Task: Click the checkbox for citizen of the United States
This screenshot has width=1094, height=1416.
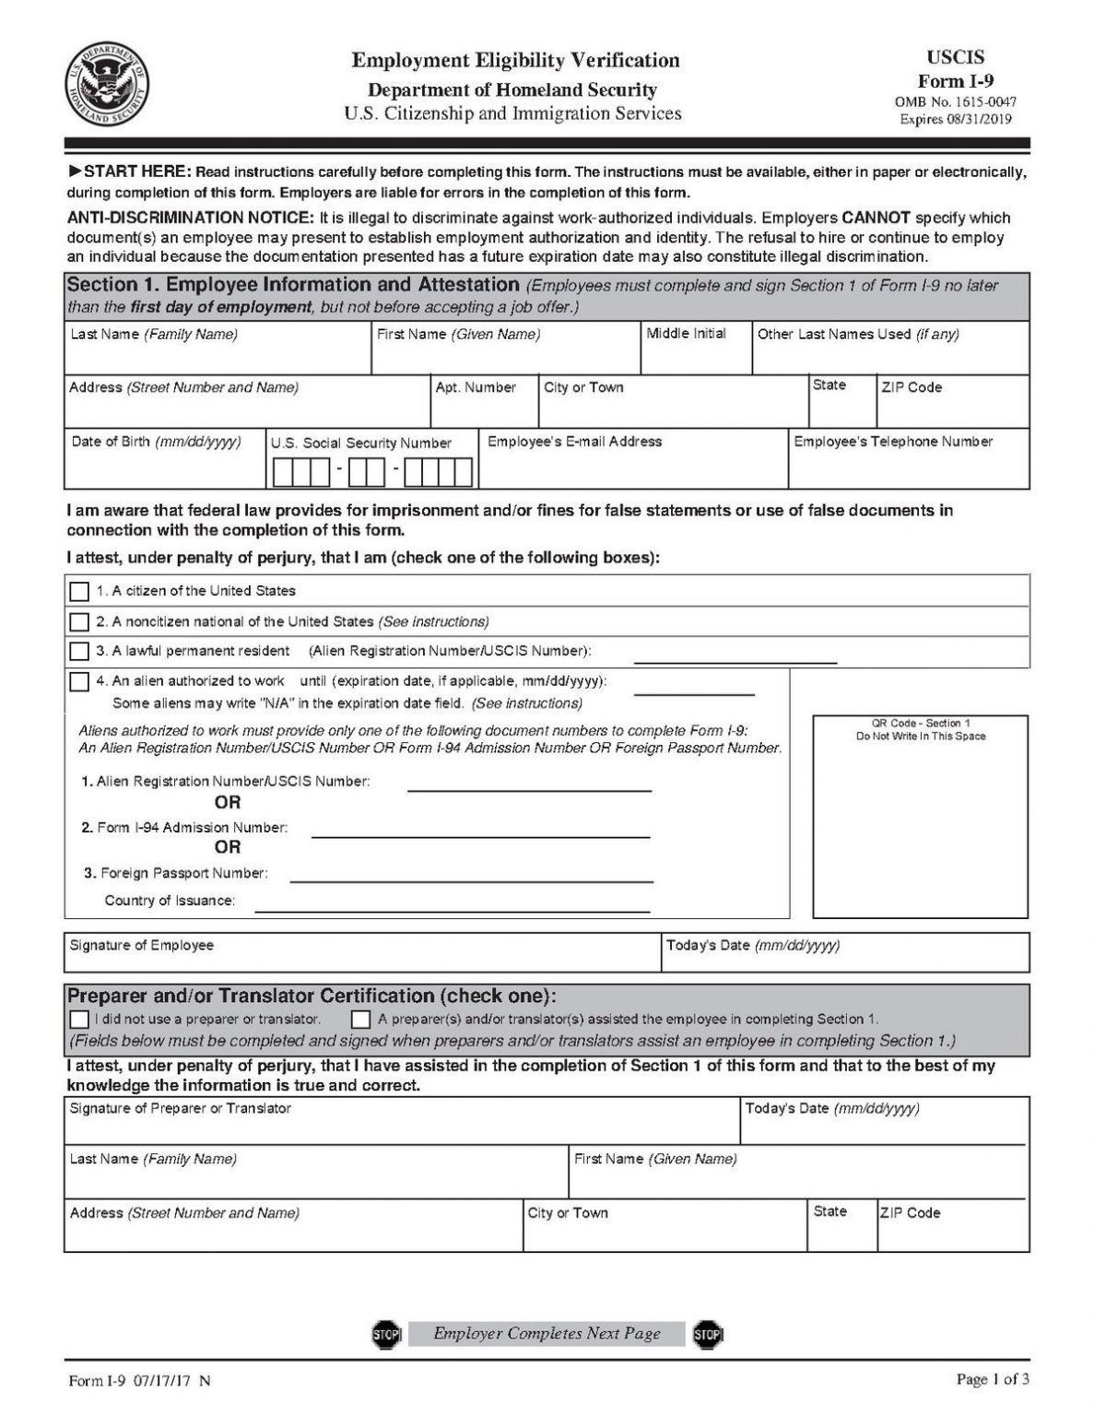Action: tap(80, 591)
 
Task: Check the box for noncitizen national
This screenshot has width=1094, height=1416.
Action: tap(80, 621)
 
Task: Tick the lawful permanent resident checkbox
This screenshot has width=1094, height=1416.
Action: tap(80, 651)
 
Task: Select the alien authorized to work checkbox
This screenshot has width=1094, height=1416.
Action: tap(80, 682)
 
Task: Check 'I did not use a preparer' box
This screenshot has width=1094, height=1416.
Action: tap(80, 1020)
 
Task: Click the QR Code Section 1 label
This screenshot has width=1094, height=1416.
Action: tap(920, 729)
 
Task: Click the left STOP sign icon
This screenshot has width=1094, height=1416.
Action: tap(386, 1334)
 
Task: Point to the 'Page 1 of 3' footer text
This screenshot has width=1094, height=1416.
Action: tap(993, 1379)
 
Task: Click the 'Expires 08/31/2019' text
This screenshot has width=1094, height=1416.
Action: tap(955, 119)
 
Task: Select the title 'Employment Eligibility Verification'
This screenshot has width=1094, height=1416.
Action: tap(515, 61)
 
